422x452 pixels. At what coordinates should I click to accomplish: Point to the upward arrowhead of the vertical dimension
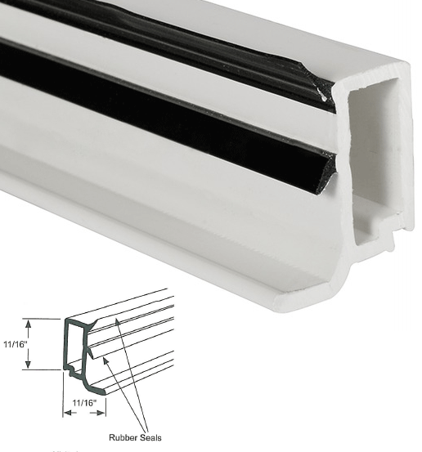31,322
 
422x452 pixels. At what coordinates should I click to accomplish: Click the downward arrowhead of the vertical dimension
31,365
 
